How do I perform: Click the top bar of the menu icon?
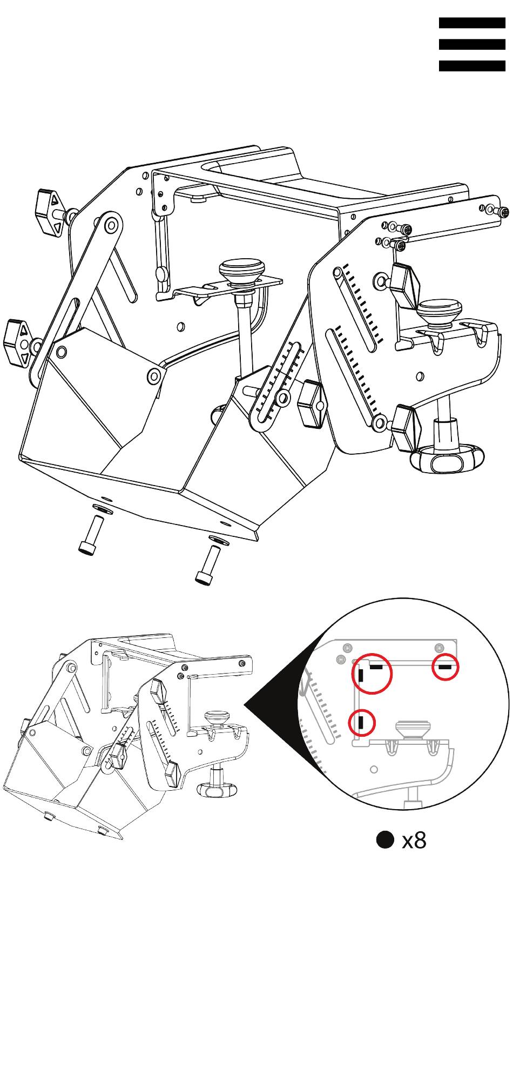(472, 23)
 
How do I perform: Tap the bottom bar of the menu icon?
(472, 66)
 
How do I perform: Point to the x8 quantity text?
(414, 840)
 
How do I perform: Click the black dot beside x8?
(386, 840)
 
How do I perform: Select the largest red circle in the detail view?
(372, 673)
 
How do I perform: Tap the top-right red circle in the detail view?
(446, 667)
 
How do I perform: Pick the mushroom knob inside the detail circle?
(414, 730)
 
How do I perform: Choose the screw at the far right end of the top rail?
(504, 213)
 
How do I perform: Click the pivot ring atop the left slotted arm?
(111, 225)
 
